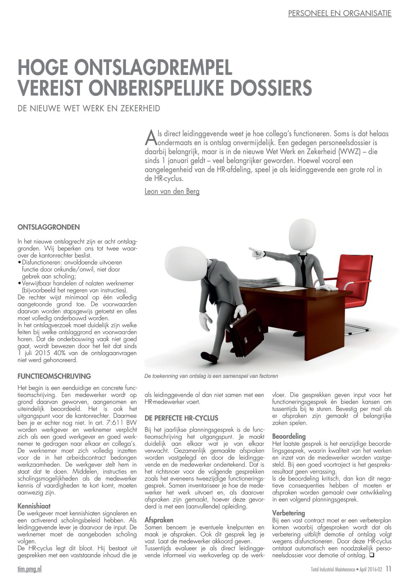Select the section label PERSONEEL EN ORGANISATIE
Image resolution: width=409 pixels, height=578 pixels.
coord(340,14)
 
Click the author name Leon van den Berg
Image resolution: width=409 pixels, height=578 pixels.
coord(172,191)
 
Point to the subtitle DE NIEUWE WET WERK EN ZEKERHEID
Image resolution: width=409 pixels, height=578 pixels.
coord(89,109)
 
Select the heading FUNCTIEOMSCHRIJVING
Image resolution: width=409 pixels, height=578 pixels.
coord(55,376)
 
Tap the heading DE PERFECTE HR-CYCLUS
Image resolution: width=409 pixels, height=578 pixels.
coord(181,418)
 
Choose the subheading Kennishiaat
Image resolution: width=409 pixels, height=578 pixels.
coord(34,506)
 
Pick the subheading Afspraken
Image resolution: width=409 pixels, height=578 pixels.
coord(159,520)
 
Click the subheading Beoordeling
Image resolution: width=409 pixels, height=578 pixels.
coord(289,436)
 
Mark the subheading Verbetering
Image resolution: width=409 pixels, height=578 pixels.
coord(288,513)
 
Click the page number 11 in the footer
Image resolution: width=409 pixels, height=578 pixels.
coord(388,569)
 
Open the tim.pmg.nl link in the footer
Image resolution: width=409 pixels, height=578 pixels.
coord(30,569)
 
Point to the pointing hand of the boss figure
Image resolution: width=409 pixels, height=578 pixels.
coord(256,252)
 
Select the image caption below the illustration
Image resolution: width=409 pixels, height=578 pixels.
coord(211,376)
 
